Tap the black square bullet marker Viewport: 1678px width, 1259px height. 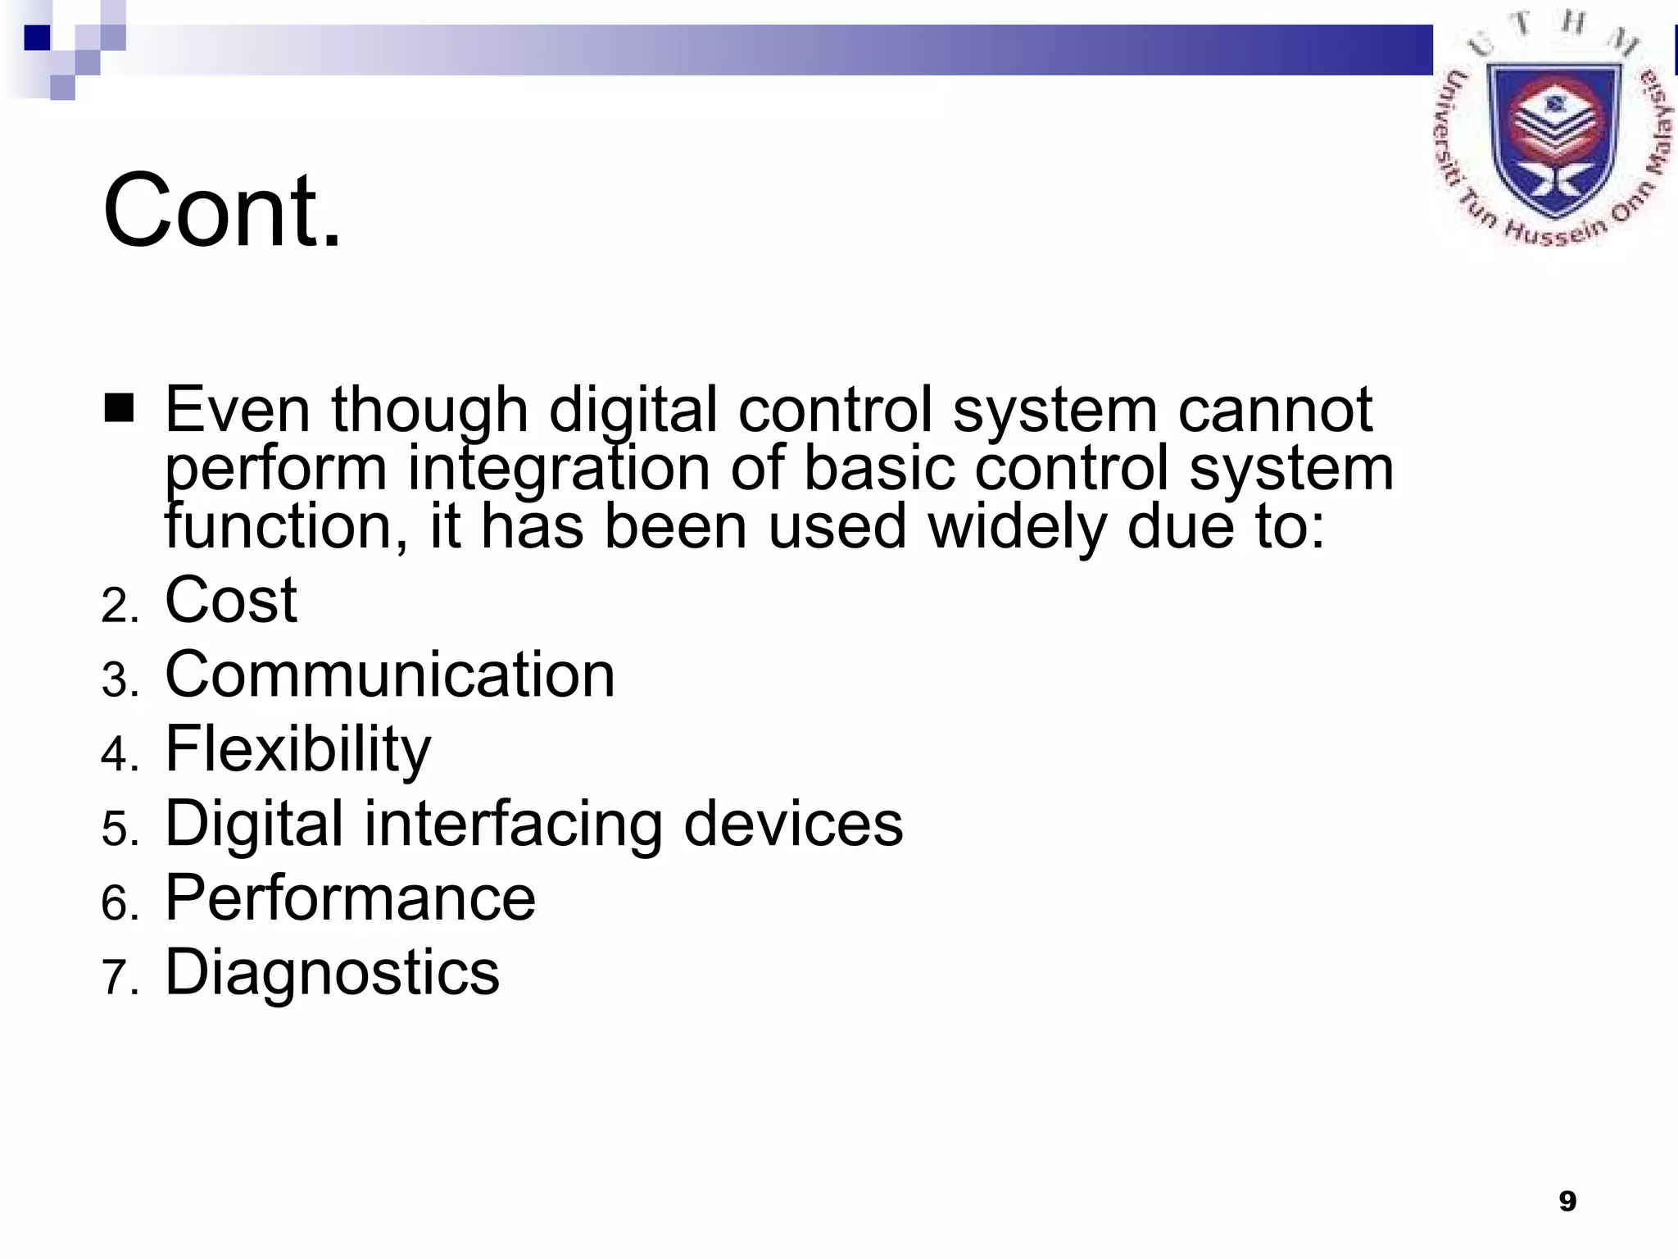coord(120,407)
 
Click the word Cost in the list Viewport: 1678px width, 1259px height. coord(231,600)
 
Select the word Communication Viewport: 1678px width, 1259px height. coord(390,675)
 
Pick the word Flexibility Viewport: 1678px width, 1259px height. coord(297,749)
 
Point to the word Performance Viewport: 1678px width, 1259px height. coord(351,898)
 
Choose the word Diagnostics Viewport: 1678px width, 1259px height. coord(332,973)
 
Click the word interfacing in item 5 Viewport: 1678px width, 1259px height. coord(513,824)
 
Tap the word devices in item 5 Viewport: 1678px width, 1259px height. coord(792,824)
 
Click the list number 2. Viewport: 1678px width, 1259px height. coord(116,607)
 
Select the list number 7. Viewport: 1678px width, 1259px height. coord(116,979)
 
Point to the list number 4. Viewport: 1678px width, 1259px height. coord(116,756)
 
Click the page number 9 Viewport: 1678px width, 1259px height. coord(1567,1202)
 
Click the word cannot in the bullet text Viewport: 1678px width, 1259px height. coord(1274,409)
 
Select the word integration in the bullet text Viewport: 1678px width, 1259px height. coord(558,468)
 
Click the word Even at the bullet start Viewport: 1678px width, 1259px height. coord(237,409)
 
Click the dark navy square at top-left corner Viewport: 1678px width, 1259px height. coord(38,38)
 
